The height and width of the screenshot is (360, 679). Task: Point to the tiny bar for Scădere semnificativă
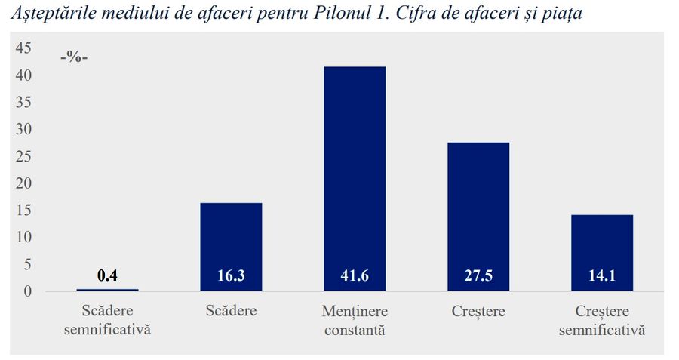coord(107,290)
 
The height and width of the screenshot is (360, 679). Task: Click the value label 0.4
coord(107,275)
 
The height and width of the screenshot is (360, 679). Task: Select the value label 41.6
coord(355,276)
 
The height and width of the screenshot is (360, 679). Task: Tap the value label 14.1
coord(602,276)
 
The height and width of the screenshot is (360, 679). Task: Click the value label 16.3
coord(231,276)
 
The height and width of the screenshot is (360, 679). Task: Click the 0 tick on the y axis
coord(28,291)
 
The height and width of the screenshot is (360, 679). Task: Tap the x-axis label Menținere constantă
coord(355,320)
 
